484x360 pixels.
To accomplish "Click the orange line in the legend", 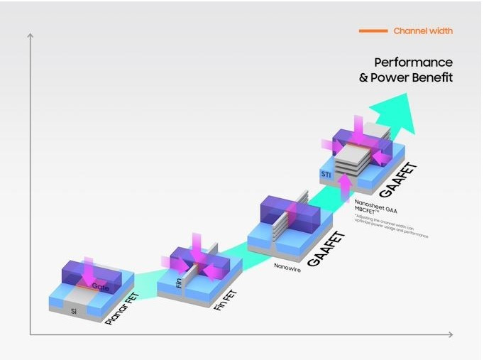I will pos(373,31).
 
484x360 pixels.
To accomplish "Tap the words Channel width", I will pos(423,31).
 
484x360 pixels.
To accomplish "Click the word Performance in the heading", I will pos(413,62).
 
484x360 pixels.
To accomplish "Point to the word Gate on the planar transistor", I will pos(100,287).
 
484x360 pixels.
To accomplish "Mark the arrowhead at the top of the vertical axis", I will pos(31,36).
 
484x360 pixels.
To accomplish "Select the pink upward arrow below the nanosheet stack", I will pos(346,185).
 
